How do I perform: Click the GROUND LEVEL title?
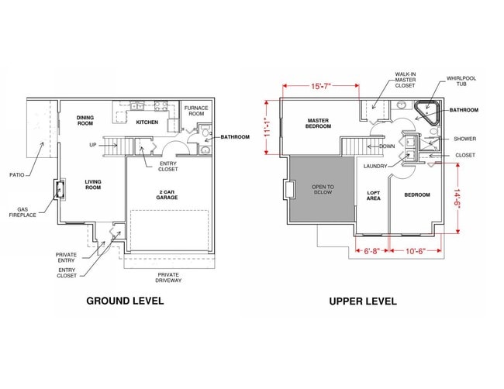[124, 301]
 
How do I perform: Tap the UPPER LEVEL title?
[363, 301]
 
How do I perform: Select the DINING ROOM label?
[85, 120]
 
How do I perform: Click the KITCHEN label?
[147, 122]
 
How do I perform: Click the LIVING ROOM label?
[93, 184]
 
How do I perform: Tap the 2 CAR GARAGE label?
[167, 194]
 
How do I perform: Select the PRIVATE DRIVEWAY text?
[168, 278]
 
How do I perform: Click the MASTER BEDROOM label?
[319, 124]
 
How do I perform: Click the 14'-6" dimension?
[461, 200]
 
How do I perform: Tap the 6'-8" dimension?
[371, 251]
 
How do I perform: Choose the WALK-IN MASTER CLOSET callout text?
[406, 80]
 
